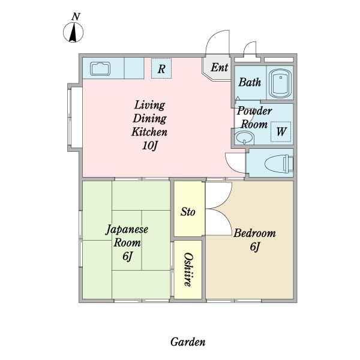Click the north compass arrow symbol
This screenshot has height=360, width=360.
[73, 32]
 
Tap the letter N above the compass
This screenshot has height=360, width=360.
[76, 17]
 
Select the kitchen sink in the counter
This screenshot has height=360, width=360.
[100, 68]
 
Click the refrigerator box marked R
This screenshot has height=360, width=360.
[161, 68]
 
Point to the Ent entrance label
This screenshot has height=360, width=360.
[220, 67]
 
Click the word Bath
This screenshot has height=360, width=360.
[250, 82]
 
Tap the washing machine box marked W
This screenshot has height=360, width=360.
[281, 131]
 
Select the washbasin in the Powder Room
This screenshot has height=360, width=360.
[245, 137]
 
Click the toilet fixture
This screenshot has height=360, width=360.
[279, 163]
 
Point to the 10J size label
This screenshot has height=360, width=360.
[150, 145]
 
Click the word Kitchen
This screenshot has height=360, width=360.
[149, 132]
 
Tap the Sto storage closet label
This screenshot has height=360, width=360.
[188, 211]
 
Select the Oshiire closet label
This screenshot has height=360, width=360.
[188, 269]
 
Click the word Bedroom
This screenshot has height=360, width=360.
[254, 233]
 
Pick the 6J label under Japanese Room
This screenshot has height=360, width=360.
[128, 256]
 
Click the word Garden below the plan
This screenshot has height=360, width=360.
[188, 342]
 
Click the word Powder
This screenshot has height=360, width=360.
[254, 111]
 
